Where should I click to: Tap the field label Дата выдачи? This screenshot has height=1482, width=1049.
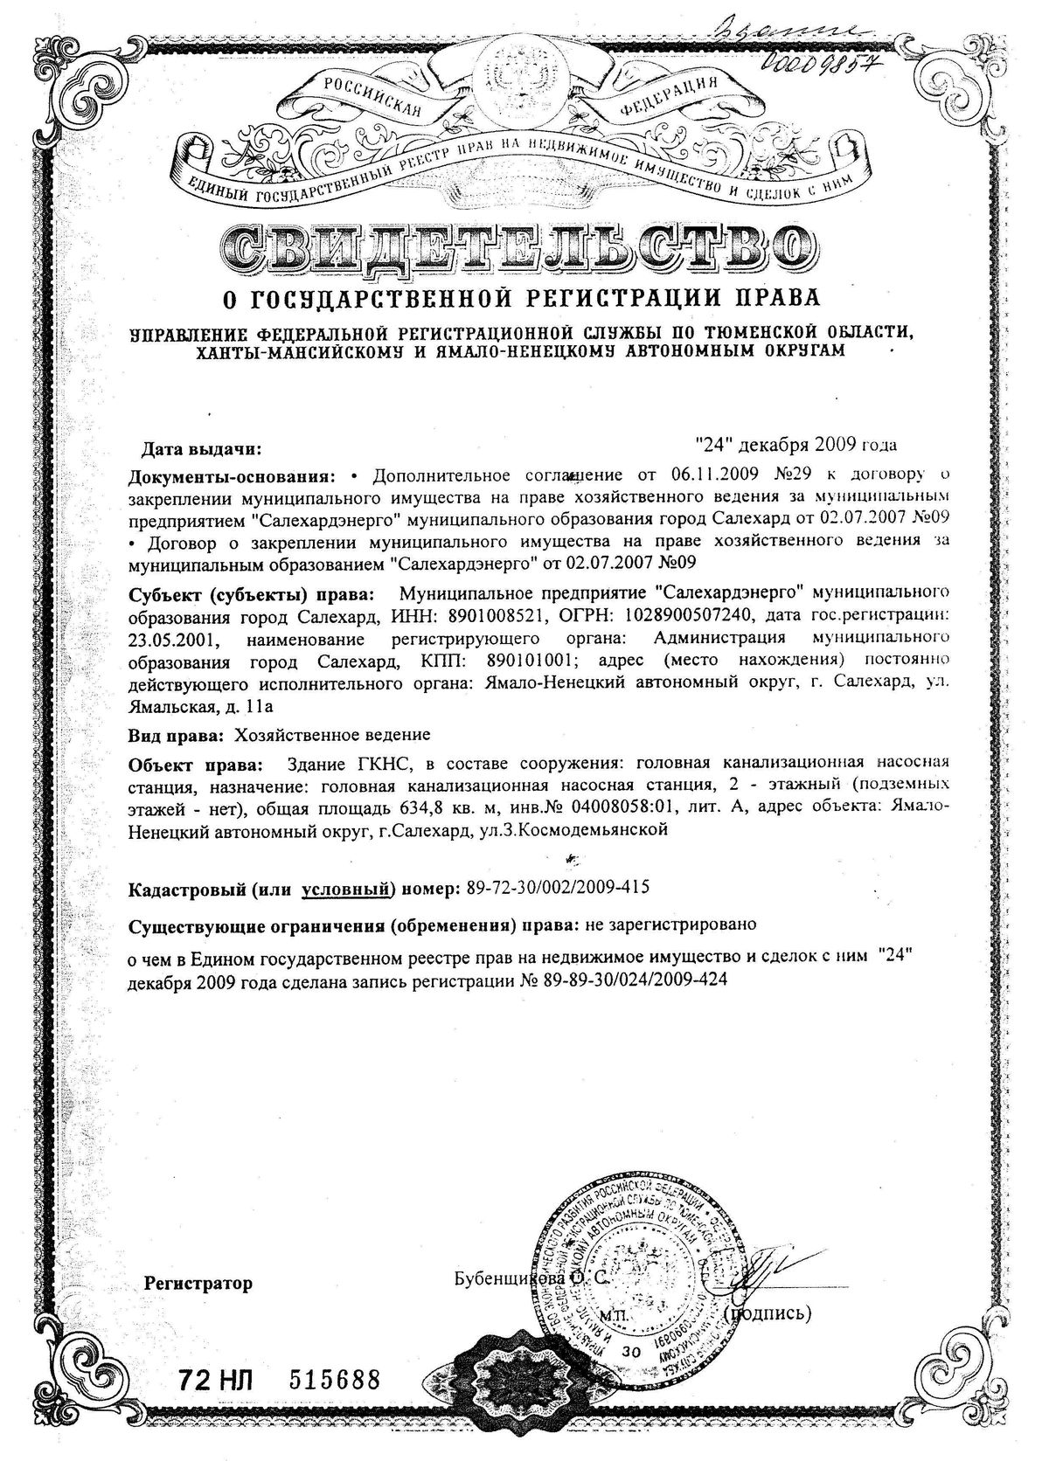202,450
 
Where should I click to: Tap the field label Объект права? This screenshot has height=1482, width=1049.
194,766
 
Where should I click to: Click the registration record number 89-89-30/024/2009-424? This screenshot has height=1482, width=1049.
635,980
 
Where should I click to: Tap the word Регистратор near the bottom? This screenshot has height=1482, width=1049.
198,1284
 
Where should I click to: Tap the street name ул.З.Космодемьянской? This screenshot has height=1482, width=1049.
574,831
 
